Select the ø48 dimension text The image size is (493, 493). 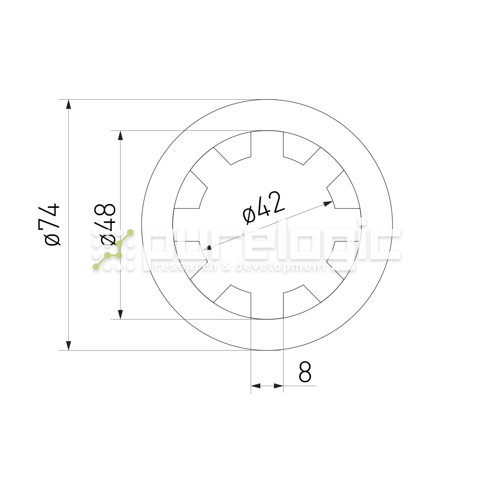pyautogui.click(x=105, y=225)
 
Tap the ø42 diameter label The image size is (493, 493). pyautogui.click(x=263, y=208)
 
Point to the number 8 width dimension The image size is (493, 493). pyautogui.click(x=305, y=372)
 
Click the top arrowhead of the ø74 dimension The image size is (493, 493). pyautogui.click(x=69, y=104)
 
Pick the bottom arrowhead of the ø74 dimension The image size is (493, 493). pyautogui.click(x=69, y=346)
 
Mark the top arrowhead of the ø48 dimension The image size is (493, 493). pyautogui.click(x=121, y=136)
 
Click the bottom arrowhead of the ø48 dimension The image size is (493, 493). pyautogui.click(x=121, y=314)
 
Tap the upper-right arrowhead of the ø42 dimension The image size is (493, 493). pyautogui.click(x=328, y=204)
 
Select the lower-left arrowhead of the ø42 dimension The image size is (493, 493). pyautogui.click(x=206, y=248)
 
